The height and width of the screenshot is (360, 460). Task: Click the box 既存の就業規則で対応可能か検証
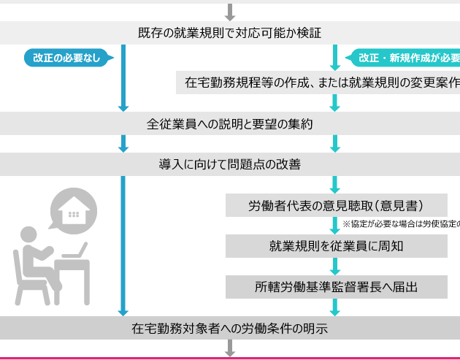229,33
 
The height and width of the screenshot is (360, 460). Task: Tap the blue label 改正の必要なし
66,58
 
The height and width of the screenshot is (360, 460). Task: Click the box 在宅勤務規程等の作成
318,83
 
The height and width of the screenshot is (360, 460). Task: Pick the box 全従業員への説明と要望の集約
229,124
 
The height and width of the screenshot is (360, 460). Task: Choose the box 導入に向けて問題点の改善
229,164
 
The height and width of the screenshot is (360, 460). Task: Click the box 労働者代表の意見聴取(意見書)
336,205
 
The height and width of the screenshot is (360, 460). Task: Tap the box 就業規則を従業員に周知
336,246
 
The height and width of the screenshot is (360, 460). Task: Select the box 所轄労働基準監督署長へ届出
336,287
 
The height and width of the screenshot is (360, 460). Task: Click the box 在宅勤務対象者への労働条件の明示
229,329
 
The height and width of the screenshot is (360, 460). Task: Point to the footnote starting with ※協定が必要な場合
398,223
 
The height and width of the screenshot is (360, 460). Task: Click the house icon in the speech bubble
73,211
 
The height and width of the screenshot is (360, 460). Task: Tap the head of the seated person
28,235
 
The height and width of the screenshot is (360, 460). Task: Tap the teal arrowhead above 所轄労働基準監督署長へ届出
336,269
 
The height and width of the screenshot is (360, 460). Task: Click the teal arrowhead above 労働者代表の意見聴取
336,188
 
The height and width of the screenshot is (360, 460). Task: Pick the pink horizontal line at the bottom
229,359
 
